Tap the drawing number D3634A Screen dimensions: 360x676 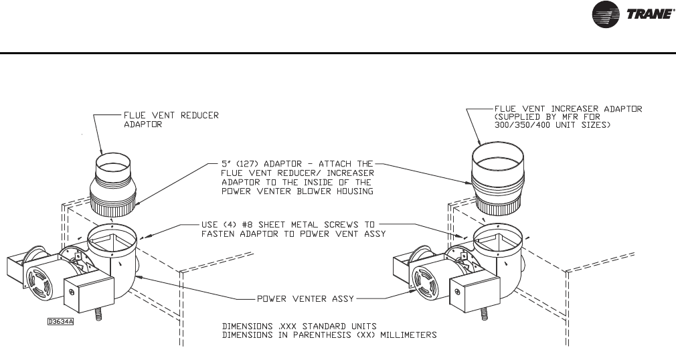60,321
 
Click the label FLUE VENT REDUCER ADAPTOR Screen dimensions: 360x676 171,120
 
